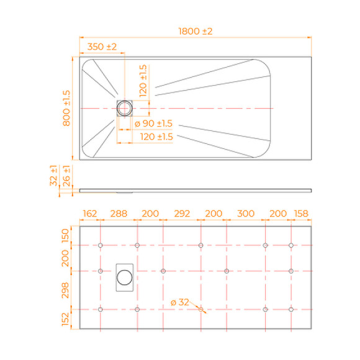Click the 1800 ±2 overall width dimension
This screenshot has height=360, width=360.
[195, 32]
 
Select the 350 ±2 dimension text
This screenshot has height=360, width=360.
[102, 47]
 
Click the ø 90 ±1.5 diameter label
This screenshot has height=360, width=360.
[153, 124]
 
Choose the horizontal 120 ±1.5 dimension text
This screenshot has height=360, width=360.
[156, 137]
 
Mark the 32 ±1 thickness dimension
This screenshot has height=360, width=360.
[54, 178]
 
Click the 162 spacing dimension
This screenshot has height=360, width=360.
[90, 214]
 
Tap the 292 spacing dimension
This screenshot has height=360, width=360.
[181, 214]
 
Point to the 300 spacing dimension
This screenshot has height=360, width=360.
[246, 214]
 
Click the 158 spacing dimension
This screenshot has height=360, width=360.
[301, 214]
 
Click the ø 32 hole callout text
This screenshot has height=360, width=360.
[179, 302]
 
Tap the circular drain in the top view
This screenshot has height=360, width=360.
[125, 108]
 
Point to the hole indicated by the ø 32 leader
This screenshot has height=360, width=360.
[201, 309]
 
